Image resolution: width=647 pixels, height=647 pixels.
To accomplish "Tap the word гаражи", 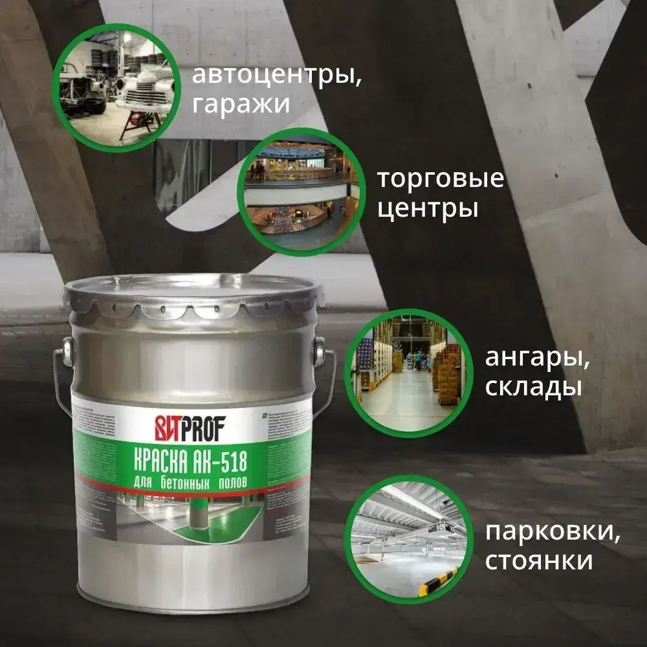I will click(x=241, y=104).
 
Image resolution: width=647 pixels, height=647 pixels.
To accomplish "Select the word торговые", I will click(x=441, y=179).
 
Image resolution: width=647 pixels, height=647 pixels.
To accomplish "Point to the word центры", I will click(x=428, y=208).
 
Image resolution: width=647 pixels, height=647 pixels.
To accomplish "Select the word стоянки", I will click(x=538, y=560).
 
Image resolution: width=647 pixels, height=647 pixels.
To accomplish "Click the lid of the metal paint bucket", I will click(x=194, y=291).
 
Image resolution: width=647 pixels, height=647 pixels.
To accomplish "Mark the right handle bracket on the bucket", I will click(x=319, y=353).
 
